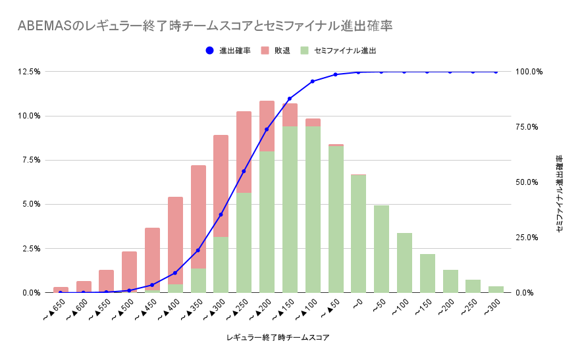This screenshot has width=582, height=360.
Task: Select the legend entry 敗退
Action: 277,50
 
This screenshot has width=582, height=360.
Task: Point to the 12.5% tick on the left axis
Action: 30,71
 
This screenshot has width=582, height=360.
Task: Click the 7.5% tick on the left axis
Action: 32,160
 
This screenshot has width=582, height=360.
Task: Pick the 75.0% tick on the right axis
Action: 529,127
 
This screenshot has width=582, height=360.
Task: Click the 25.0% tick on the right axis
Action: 529,238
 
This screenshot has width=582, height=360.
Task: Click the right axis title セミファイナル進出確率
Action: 559,194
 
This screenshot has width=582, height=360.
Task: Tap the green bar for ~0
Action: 358,234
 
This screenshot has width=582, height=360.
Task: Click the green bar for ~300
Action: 496,290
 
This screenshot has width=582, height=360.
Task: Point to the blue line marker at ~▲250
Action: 244,171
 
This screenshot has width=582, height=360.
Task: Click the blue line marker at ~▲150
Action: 290,99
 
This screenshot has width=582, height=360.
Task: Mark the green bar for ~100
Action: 404,263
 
